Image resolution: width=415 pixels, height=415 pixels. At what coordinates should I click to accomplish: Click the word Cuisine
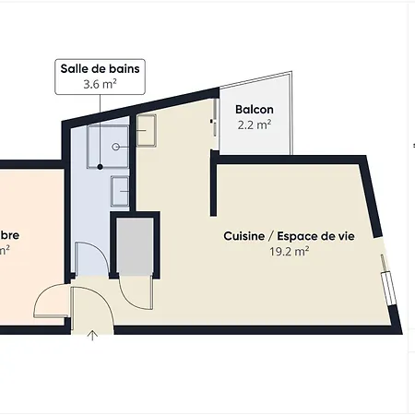(243, 236)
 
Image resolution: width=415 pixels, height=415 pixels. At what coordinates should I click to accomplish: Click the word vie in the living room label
(346, 236)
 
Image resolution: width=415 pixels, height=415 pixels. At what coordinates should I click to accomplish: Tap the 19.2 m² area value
(289, 251)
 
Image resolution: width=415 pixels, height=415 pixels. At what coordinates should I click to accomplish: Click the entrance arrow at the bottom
(92, 335)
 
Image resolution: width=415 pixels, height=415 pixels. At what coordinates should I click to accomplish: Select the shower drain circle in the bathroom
(115, 146)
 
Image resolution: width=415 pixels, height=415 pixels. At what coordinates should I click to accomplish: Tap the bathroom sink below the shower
(120, 192)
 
